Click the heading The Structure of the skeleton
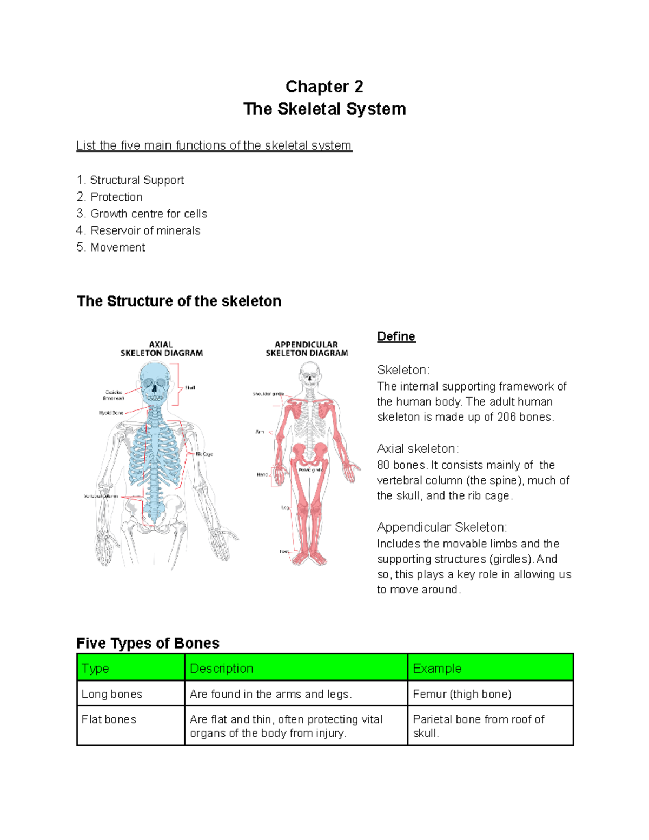(x=179, y=301)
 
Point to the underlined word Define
(x=396, y=336)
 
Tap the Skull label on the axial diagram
(x=190, y=388)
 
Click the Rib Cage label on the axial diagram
(x=204, y=454)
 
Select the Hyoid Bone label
(x=111, y=413)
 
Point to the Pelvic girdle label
(x=310, y=470)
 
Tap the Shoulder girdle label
(x=268, y=394)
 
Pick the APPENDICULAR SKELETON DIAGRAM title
(x=307, y=349)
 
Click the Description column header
(x=222, y=669)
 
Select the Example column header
(x=437, y=669)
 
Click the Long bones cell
(x=112, y=694)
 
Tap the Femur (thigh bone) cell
(x=462, y=694)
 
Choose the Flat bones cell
(x=109, y=719)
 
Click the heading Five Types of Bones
(x=148, y=643)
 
